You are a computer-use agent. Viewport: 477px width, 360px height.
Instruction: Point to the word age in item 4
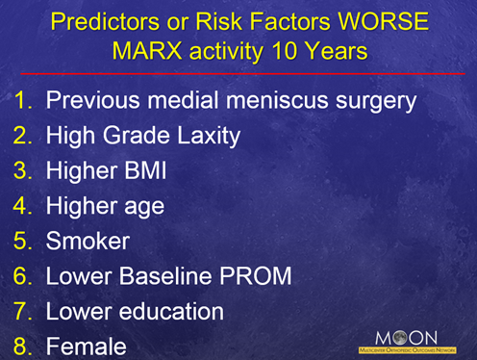pyautogui.click(x=143, y=205)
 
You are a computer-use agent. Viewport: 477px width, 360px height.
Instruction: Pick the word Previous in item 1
pyautogui.click(x=92, y=99)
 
